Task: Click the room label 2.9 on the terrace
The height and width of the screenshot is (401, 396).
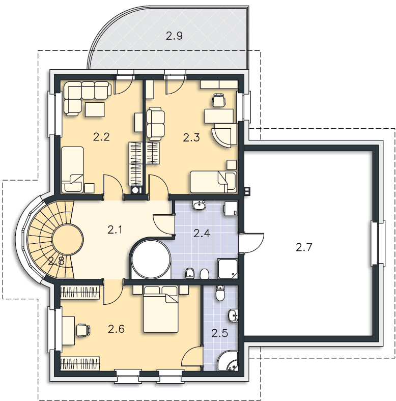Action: (174, 36)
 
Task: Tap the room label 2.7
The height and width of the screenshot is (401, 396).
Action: (304, 247)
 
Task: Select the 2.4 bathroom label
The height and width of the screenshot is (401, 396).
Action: (202, 233)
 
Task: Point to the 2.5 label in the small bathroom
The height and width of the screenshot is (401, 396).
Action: (220, 333)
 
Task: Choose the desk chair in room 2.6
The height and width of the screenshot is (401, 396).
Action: (83, 330)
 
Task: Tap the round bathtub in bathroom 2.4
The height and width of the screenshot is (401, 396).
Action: (151, 259)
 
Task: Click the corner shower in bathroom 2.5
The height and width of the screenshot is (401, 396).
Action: (228, 361)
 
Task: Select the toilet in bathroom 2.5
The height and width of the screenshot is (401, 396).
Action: (220, 293)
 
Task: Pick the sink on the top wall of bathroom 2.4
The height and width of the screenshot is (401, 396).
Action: (200, 205)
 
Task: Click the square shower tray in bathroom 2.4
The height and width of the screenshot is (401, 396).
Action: (228, 268)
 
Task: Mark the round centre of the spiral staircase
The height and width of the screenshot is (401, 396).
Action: (68, 240)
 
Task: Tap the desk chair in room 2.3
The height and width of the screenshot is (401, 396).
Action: (219, 99)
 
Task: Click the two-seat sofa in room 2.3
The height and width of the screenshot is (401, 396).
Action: (156, 124)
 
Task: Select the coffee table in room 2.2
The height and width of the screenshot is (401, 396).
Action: (95, 109)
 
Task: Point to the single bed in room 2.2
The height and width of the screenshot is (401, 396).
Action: (72, 169)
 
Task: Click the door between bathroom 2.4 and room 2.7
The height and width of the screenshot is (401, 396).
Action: (251, 243)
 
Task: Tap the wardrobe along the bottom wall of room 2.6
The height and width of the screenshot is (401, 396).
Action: (80, 363)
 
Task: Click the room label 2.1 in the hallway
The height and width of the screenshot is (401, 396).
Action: (115, 230)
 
